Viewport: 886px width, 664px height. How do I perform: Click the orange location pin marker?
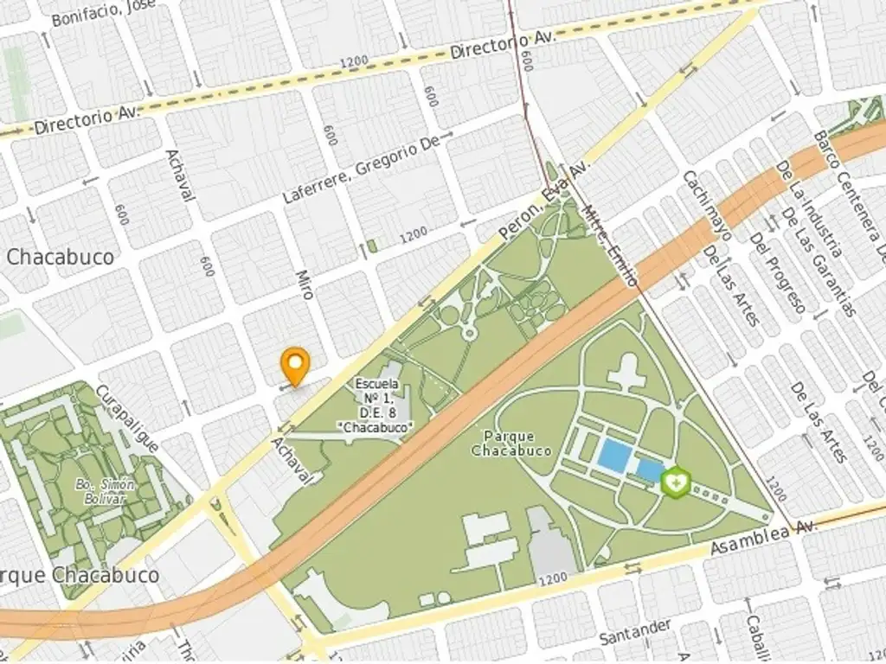point(296,365)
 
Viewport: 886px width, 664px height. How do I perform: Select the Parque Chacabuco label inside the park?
point(511,444)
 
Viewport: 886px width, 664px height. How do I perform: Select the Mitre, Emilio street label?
point(610,245)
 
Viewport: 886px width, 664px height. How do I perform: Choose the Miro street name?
point(304,284)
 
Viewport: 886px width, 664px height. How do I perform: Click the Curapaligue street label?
point(127,418)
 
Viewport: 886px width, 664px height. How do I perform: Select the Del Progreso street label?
point(778,272)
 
